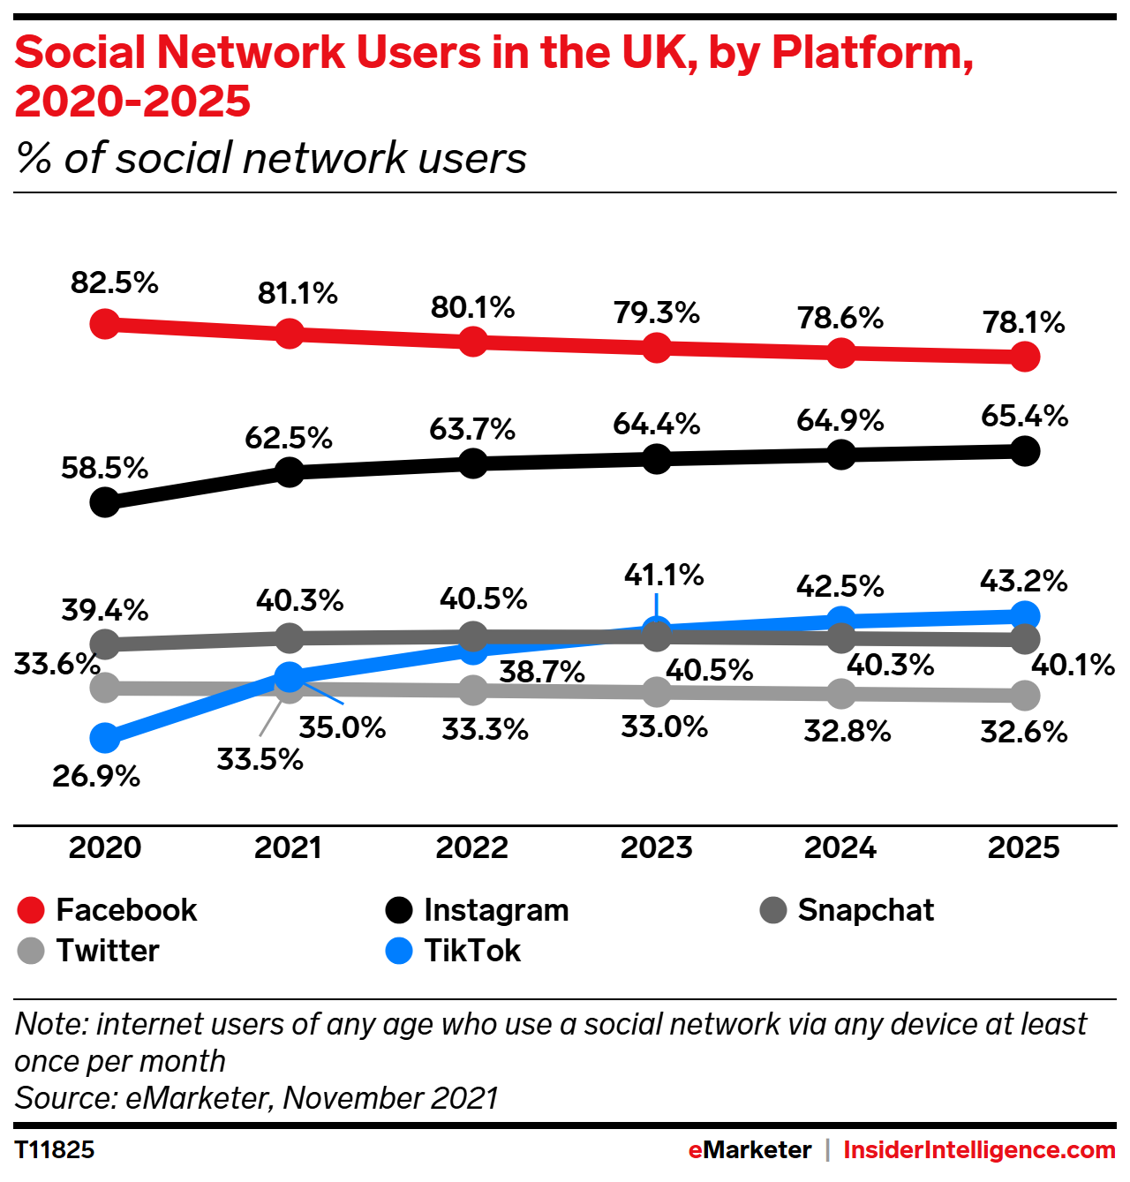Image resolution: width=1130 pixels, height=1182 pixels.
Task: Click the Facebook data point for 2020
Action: click(x=105, y=324)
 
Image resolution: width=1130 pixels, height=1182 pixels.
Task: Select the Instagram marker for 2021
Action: click(x=290, y=471)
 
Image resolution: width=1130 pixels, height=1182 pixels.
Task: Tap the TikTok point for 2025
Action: click(x=1024, y=615)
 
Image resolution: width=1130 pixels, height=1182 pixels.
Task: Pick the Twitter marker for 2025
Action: click(x=1024, y=696)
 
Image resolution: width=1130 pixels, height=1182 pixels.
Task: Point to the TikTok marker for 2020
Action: click(x=105, y=736)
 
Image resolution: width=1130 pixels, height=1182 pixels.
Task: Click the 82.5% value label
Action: click(x=115, y=283)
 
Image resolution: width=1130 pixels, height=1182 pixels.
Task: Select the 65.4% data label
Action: click(x=1024, y=416)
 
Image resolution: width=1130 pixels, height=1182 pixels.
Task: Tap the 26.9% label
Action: click(x=96, y=777)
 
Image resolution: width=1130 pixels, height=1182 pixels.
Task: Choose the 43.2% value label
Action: click(x=1023, y=581)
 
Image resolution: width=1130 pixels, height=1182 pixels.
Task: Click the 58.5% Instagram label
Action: click(x=104, y=468)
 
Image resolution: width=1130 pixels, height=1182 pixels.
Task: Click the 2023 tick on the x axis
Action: click(x=657, y=847)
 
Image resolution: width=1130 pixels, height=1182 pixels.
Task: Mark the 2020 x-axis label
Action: click(x=105, y=847)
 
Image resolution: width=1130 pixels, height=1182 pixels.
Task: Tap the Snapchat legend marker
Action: click(x=773, y=910)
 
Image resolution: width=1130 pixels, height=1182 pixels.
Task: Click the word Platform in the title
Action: click(x=872, y=53)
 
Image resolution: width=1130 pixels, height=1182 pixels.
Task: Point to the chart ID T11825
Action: click(x=55, y=1150)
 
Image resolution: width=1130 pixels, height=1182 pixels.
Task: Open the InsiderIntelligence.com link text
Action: click(x=979, y=1150)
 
